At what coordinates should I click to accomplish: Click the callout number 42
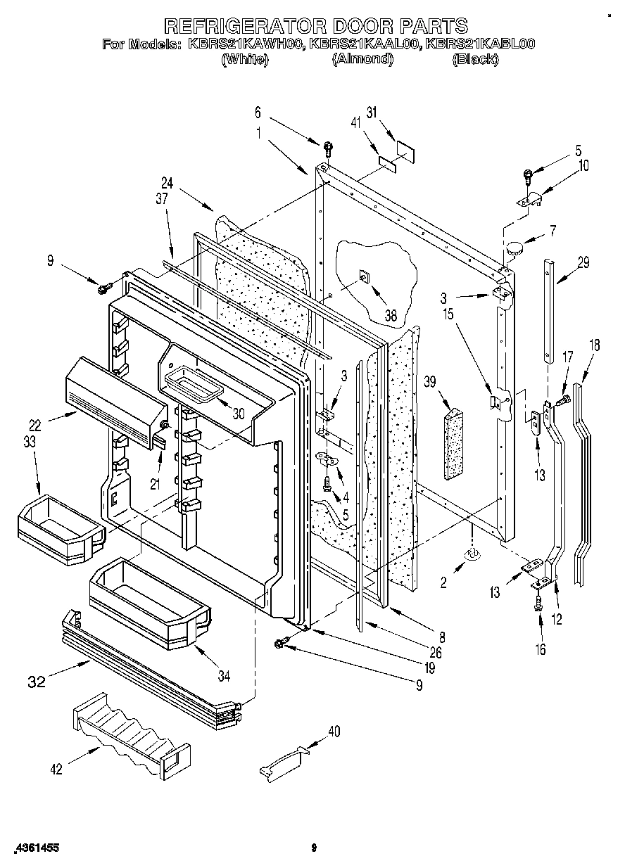tap(56, 770)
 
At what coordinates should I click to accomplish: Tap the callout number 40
tap(334, 731)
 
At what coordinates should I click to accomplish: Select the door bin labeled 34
tap(149, 601)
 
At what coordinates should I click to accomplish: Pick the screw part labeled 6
tap(328, 148)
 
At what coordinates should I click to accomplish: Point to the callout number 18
tap(594, 345)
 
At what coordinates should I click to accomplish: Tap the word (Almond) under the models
tap(362, 60)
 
